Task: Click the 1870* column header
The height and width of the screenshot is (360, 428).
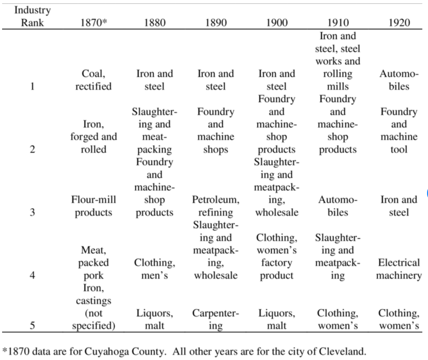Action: (x=93, y=23)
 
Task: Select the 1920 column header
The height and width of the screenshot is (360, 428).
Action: (x=398, y=23)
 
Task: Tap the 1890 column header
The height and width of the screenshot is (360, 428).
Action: (x=215, y=23)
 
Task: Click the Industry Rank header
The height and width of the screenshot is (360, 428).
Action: (x=32, y=16)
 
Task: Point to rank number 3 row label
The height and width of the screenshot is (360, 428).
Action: (x=32, y=212)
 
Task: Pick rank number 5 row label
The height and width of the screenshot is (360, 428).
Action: (x=32, y=326)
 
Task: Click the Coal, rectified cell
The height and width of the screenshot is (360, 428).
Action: (x=93, y=80)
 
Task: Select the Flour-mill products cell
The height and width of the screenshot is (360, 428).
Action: (x=93, y=206)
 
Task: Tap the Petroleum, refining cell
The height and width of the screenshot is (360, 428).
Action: (x=215, y=206)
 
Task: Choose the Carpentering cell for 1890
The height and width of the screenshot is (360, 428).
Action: (x=215, y=319)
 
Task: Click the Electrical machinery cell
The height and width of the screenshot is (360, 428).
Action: (x=398, y=269)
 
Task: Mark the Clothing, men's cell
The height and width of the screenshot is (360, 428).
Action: (x=154, y=269)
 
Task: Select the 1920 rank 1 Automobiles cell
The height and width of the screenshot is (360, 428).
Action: (x=398, y=80)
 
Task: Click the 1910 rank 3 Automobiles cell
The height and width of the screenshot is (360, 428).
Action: (x=338, y=206)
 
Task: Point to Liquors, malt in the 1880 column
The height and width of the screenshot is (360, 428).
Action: (x=154, y=319)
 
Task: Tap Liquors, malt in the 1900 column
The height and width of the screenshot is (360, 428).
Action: (x=277, y=319)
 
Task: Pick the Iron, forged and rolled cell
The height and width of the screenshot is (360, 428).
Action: (x=93, y=137)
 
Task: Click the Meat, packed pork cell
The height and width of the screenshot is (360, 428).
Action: (x=93, y=263)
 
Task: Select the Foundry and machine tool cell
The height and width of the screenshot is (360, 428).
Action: (x=398, y=130)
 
